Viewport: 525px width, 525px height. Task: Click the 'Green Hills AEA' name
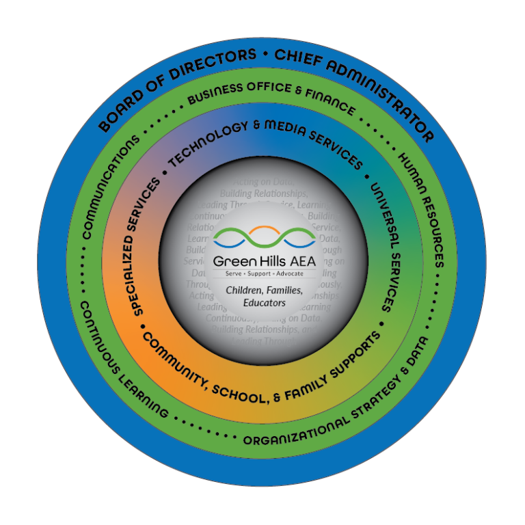point(262,260)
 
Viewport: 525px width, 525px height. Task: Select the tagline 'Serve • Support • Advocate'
point(262,273)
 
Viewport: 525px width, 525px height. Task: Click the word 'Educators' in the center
point(262,301)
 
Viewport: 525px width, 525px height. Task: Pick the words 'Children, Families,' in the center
point(262,290)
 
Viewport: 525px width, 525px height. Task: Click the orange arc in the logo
point(263,228)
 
